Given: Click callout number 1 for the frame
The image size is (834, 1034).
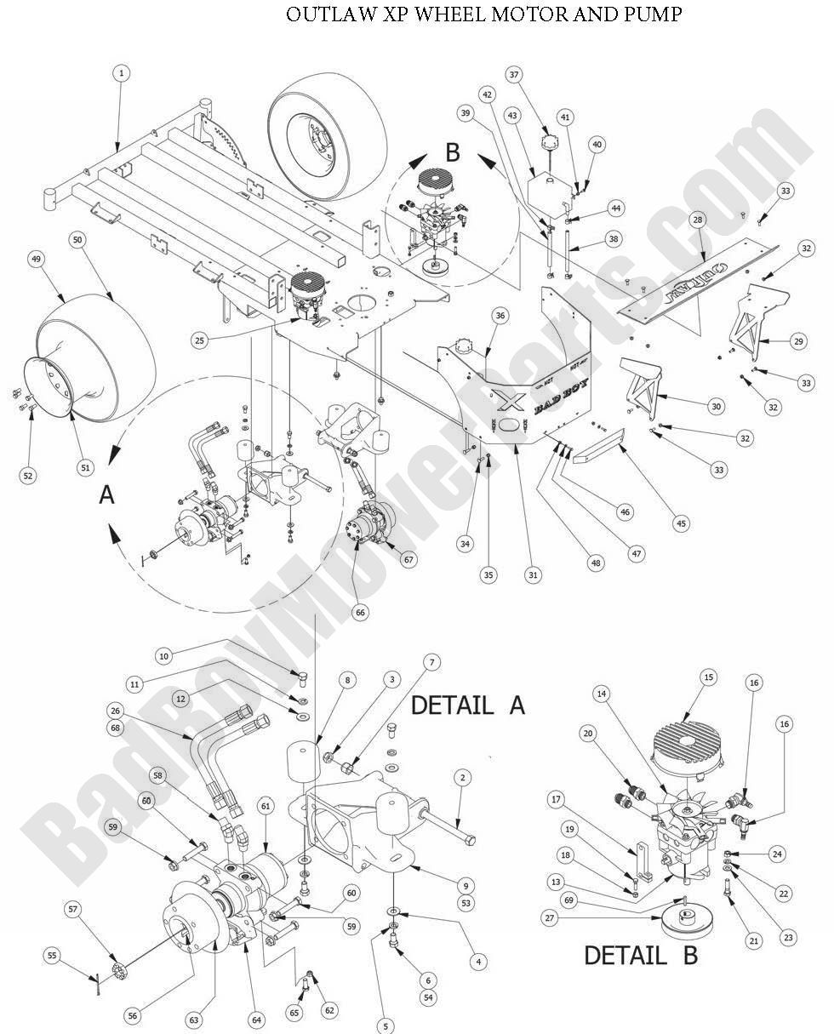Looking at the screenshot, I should pyautogui.click(x=121, y=74).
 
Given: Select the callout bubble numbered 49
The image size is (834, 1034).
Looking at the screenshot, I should pyautogui.click(x=36, y=259).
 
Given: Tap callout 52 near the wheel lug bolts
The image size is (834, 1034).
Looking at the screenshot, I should pyautogui.click(x=28, y=476).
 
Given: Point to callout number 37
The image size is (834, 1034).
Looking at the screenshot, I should pyautogui.click(x=513, y=74).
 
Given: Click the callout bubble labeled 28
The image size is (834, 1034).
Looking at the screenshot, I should pyautogui.click(x=698, y=220).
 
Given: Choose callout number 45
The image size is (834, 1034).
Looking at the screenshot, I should pyautogui.click(x=681, y=524).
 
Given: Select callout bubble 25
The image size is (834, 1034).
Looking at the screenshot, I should pyautogui.click(x=200, y=340).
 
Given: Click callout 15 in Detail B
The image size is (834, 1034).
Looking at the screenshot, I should pyautogui.click(x=707, y=677).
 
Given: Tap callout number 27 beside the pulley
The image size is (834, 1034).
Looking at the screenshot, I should pyautogui.click(x=551, y=918).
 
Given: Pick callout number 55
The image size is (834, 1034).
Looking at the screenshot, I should pyautogui.click(x=53, y=957).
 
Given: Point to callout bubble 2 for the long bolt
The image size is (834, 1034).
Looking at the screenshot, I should pyautogui.click(x=462, y=777).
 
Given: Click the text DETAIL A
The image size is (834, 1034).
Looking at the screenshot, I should pyautogui.click(x=468, y=705).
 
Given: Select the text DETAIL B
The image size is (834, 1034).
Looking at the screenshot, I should pyautogui.click(x=640, y=955).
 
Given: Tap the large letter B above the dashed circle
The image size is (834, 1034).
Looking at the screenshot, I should pyautogui.click(x=453, y=153).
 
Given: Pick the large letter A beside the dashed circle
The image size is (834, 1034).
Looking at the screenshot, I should pyautogui.click(x=106, y=494).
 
